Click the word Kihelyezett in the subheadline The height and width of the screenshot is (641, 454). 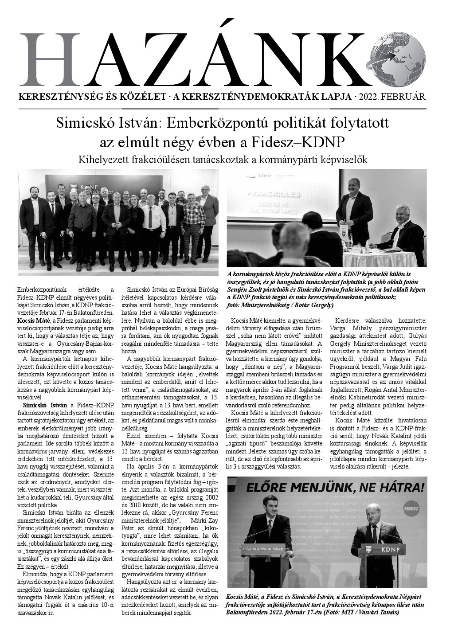(101, 159)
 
